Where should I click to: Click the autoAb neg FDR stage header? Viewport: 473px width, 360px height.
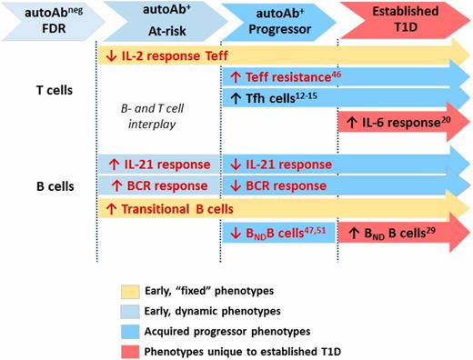pyautogui.click(x=45, y=19)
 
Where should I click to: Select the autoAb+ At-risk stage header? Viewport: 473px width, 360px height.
pyautogui.click(x=158, y=19)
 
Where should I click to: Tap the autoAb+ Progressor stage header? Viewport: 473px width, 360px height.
pyautogui.click(x=278, y=19)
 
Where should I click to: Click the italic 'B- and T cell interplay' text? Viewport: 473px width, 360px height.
pyautogui.click(x=158, y=111)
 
